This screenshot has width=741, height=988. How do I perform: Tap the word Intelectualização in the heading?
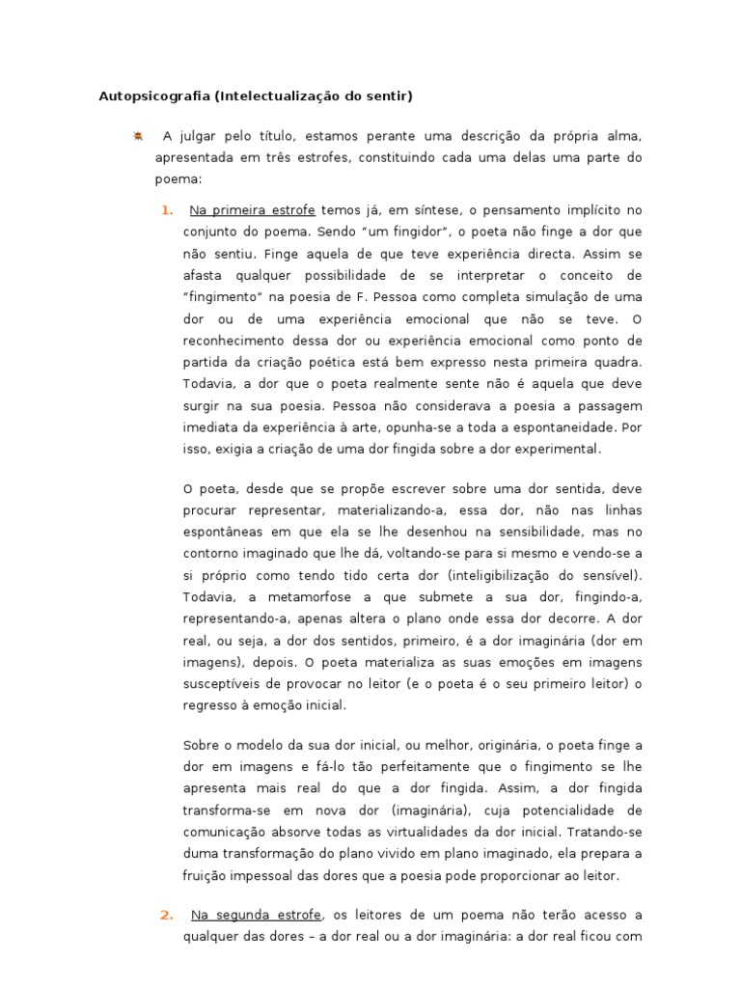click(278, 96)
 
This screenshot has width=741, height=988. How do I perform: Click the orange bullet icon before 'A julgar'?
click(138, 136)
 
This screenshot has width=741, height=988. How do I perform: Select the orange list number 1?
click(167, 209)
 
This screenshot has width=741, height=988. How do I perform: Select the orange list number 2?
click(167, 914)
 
